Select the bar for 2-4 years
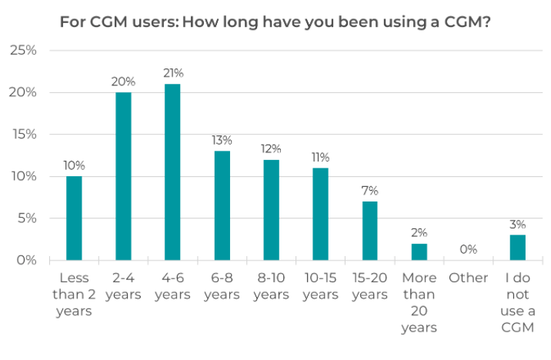coord(123,176)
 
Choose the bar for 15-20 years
coord(370,231)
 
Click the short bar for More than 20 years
coord(419,252)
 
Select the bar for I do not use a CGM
coord(518,247)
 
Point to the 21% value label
coord(173,73)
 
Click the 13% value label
coord(222,140)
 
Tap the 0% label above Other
coord(468,249)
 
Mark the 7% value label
coord(370,191)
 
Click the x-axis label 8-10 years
coord(271,285)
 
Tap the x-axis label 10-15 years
coord(320,285)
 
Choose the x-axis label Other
coord(468,278)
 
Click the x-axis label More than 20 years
coord(419,302)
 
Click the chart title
coord(275,22)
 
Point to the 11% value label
coord(321,157)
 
